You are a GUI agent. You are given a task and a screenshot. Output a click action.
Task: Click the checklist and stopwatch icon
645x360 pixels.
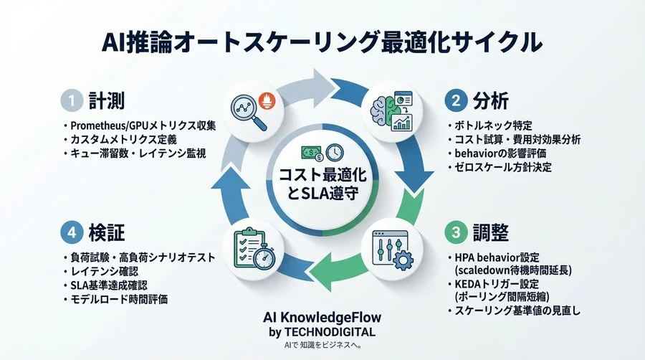click(250, 247)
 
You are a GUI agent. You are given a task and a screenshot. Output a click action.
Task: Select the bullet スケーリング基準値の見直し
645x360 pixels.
click(516, 311)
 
